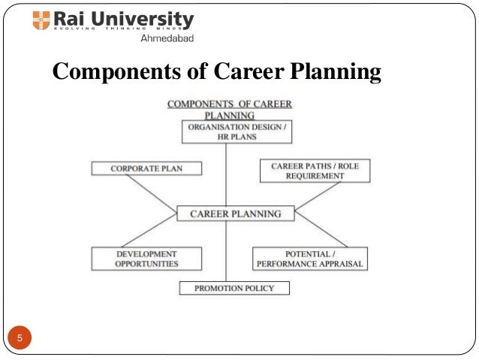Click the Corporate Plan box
click(x=146, y=168)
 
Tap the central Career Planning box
click(x=235, y=213)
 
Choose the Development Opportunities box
click(x=146, y=259)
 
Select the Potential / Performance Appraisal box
click(x=309, y=259)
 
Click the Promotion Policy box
click(x=234, y=288)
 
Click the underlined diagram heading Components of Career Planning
click(x=229, y=110)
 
